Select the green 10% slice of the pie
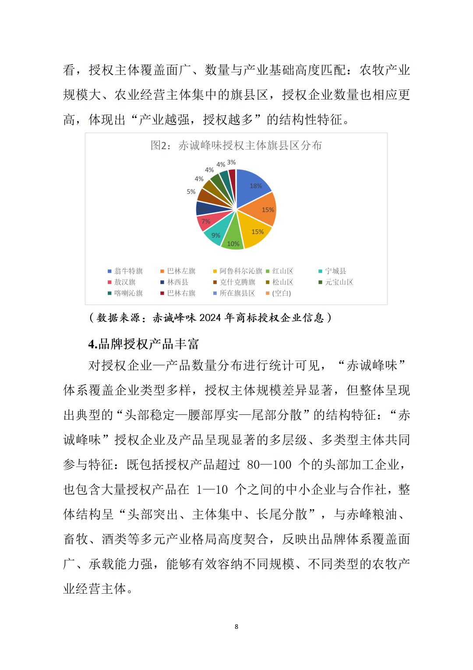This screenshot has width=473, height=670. (x=233, y=239)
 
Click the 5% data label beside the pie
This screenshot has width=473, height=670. (x=191, y=192)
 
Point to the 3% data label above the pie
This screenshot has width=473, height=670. (x=232, y=162)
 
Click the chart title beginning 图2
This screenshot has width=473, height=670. (x=236, y=145)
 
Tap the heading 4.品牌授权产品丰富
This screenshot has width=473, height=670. (x=144, y=344)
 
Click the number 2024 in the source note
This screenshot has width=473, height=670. (x=210, y=317)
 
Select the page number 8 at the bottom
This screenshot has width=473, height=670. (x=236, y=627)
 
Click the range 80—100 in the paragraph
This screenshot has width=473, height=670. (x=269, y=465)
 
